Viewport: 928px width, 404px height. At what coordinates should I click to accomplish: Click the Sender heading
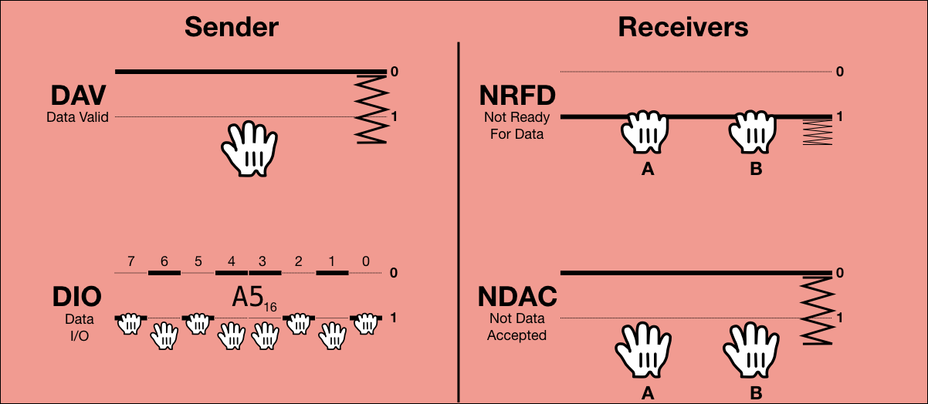[x=231, y=27]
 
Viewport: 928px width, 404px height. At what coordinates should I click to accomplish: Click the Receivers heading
[x=682, y=27]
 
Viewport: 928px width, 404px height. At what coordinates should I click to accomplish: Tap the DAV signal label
[x=78, y=96]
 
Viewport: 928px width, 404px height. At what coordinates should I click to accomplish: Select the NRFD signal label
[x=517, y=96]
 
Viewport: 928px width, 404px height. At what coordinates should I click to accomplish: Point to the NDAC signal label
[x=516, y=298]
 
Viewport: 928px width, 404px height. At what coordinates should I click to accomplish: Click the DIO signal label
[x=77, y=298]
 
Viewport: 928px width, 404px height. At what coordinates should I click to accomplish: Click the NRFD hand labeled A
[x=647, y=132]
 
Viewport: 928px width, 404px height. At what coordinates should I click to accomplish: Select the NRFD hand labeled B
[x=755, y=132]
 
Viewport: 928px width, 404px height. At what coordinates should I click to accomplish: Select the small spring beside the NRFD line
[x=816, y=132]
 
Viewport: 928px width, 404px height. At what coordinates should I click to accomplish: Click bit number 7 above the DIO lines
[x=131, y=261]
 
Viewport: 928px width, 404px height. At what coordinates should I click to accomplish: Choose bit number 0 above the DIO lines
[x=365, y=261]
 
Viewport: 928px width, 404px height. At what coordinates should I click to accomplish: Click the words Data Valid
[x=77, y=117]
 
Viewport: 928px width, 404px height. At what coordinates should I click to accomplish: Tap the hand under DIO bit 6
[x=164, y=336]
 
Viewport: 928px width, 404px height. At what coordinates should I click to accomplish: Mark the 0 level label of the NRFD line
[x=839, y=72]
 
